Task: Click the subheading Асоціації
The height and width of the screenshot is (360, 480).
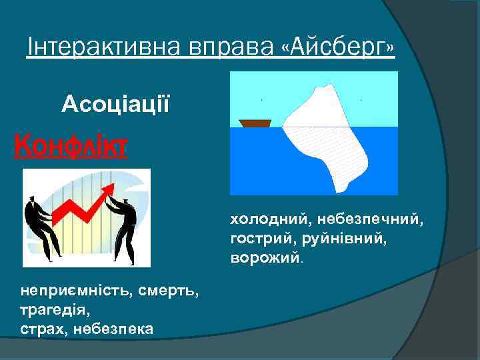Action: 116,103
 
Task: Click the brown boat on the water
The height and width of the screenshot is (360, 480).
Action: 255,123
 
